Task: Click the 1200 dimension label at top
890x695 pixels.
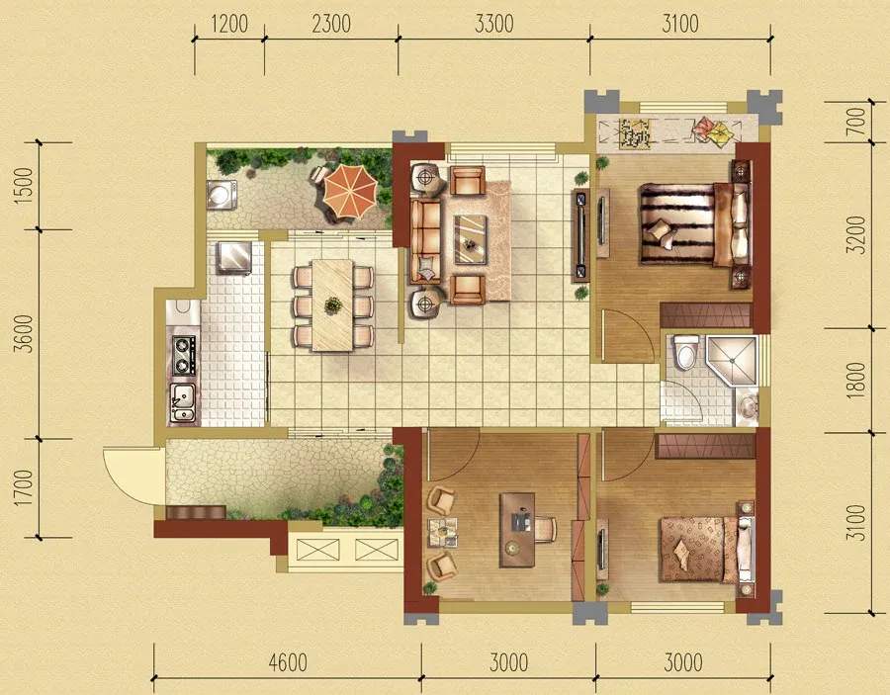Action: coord(229,24)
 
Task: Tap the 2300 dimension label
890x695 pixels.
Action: coord(331,24)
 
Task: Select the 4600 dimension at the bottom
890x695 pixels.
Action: coord(288,662)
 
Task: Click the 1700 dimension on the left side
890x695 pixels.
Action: coord(24,488)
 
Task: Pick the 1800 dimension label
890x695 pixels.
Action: coord(856,380)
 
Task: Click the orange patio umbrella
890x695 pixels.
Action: coord(350,190)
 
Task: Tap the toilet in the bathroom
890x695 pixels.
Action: coord(686,352)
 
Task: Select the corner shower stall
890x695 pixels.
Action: coord(732,361)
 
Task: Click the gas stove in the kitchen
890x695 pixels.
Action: coord(183,355)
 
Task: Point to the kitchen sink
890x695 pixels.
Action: coord(183,402)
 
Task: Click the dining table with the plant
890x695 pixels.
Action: coord(332,305)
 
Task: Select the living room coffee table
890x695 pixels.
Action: coord(470,239)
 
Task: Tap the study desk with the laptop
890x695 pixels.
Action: coord(517,529)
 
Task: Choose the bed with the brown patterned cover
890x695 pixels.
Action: coord(706,549)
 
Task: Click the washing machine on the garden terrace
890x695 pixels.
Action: coord(222,195)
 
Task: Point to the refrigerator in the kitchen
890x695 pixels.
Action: coord(234,258)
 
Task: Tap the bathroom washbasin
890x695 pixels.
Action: coord(748,406)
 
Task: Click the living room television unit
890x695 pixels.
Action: coord(580,236)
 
